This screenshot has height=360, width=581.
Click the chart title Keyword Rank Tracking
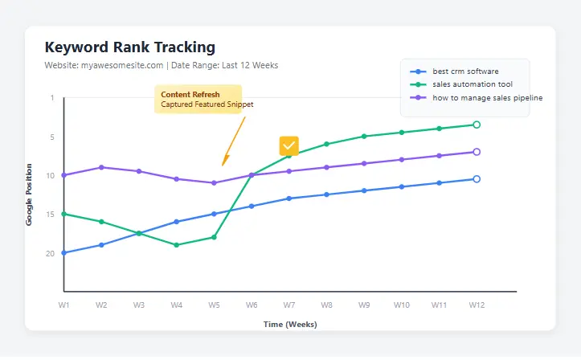click(x=130, y=47)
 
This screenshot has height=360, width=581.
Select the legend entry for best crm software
click(x=465, y=72)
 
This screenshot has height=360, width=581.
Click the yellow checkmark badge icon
click(x=289, y=145)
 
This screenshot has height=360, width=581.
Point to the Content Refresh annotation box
click(x=198, y=99)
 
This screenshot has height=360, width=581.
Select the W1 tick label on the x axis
click(x=63, y=305)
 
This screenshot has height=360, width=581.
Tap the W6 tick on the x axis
click(x=252, y=305)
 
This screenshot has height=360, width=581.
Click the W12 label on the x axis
click(x=477, y=305)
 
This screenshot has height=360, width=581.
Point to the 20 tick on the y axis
click(x=51, y=253)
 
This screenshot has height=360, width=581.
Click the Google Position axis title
click(x=30, y=194)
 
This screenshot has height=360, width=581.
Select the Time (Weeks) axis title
click(x=290, y=325)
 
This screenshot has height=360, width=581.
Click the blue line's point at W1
click(x=63, y=253)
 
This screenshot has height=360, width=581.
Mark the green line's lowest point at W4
click(x=176, y=245)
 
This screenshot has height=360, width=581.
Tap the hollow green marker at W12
click(x=477, y=125)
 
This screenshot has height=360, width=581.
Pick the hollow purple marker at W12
click(x=477, y=152)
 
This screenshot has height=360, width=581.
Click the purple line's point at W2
click(x=101, y=167)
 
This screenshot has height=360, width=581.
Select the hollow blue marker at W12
click(x=477, y=179)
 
